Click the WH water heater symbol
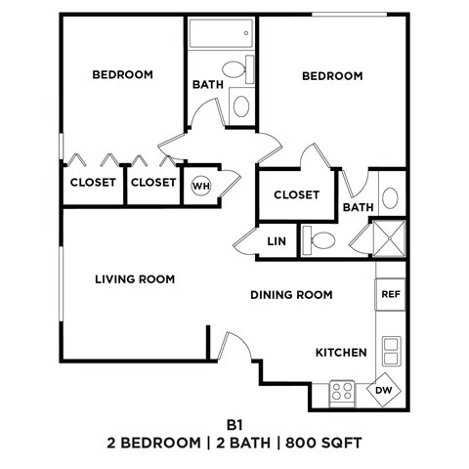coord(200,185)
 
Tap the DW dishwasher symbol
coord(383,392)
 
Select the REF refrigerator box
coord(390,293)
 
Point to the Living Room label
coord(135,279)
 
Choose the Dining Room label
coord(291,294)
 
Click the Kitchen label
coord(341,352)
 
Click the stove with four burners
coord(343,393)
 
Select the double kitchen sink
coord(390,350)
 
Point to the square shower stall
coord(389,240)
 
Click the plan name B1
coord(234,425)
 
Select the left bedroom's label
coord(122,74)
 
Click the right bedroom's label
coord(332,75)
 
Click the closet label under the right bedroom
coord(296,194)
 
